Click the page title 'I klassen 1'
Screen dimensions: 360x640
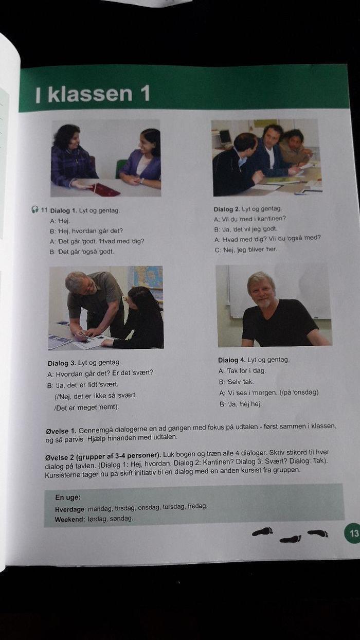click(93, 94)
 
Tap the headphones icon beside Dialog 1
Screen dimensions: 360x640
click(35, 209)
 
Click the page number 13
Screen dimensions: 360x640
click(353, 532)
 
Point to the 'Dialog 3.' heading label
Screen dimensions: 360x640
click(61, 363)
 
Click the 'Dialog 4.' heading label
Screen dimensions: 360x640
click(231, 360)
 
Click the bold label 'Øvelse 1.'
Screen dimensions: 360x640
click(61, 431)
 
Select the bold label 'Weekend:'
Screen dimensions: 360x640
click(70, 519)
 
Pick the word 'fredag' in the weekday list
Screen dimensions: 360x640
click(196, 506)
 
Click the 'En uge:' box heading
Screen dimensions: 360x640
click(68, 497)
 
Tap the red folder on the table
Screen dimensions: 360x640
click(105, 190)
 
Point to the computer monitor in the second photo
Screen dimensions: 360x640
click(225, 137)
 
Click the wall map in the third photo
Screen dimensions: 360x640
click(146, 281)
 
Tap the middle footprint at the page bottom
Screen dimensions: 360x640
click(290, 539)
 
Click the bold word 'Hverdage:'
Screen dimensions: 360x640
click(70, 509)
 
